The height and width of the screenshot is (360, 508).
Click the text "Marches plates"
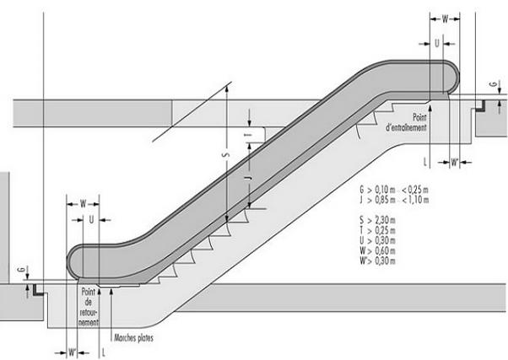[133, 338]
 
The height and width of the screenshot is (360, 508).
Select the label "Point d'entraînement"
[406, 122]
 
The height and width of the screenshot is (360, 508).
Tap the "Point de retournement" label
[89, 307]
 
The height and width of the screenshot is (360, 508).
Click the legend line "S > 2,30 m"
[377, 220]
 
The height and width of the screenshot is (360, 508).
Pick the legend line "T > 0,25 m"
[377, 230]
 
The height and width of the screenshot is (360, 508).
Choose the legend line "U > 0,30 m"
[377, 240]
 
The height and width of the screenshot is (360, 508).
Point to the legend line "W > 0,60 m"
[377, 250]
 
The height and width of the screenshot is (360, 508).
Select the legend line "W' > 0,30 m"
[377, 261]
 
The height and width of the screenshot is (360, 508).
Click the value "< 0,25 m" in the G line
[415, 190]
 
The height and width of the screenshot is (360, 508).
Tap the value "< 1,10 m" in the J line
[415, 200]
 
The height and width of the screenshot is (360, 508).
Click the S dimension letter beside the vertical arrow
[227, 155]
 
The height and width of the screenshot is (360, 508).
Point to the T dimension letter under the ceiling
[249, 134]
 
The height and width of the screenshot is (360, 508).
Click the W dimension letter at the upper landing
[446, 19]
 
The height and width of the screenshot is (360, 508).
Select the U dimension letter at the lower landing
[91, 220]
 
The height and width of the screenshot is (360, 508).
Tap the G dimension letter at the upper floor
[493, 84]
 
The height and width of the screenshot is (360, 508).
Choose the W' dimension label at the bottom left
[73, 352]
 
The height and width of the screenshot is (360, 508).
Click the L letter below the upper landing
[425, 161]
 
